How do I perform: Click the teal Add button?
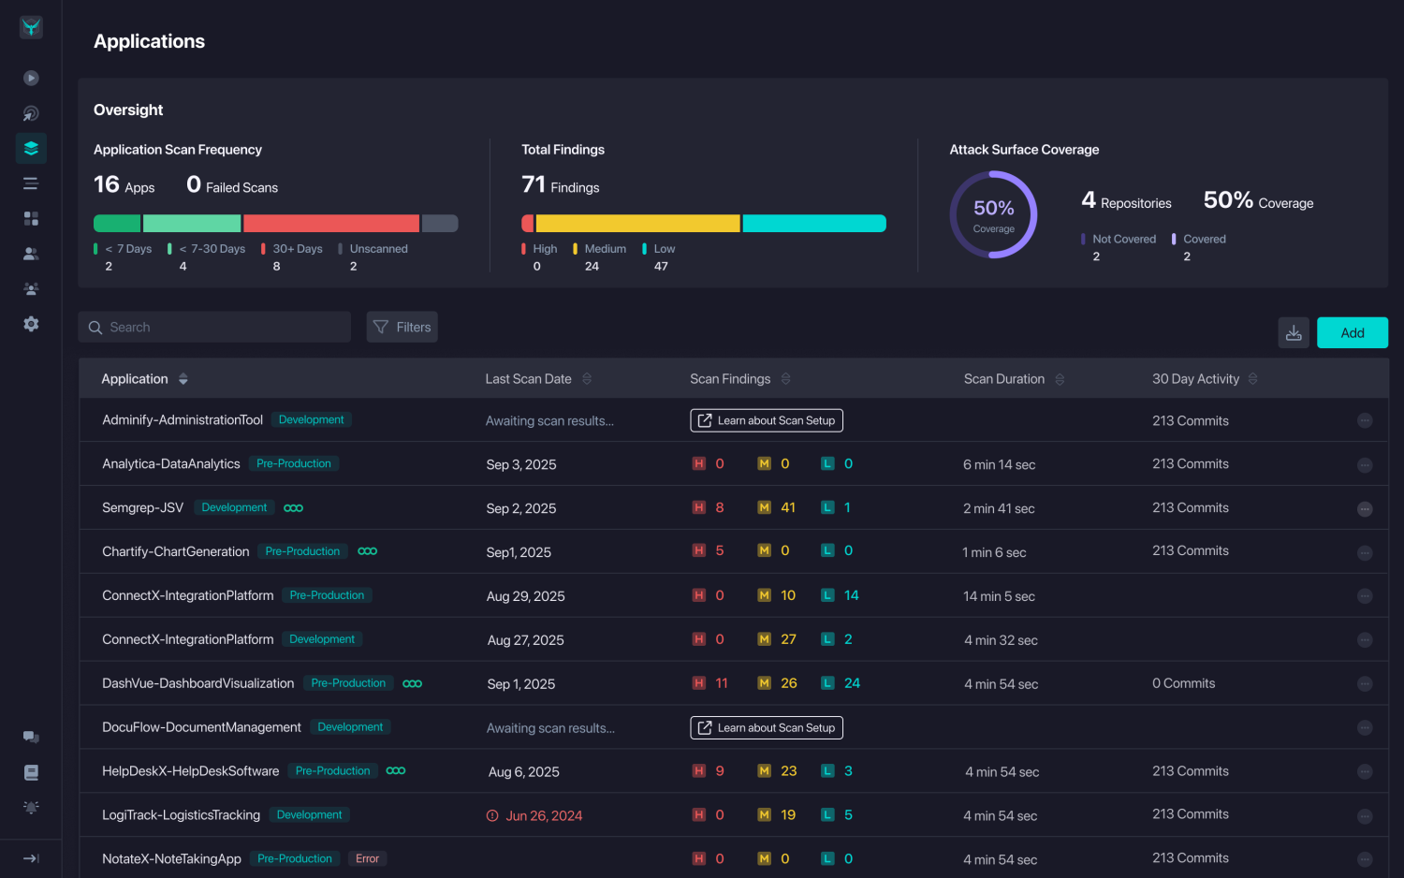(1352, 333)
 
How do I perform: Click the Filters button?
(402, 327)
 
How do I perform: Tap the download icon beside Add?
(1294, 333)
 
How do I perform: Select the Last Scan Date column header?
(528, 379)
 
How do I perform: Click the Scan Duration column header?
(1003, 379)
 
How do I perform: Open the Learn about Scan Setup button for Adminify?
(767, 420)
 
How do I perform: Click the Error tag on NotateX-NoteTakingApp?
(367, 858)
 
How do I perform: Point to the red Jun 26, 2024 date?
(544, 815)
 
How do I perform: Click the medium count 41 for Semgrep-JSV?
(788, 507)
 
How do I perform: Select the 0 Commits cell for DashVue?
(1183, 683)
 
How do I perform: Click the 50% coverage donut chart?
(993, 214)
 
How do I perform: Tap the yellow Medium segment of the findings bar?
(637, 223)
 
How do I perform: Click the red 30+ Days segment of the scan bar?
(331, 223)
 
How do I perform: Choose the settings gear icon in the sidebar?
(31, 324)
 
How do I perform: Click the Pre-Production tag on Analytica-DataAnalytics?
(294, 463)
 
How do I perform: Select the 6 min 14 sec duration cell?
(999, 464)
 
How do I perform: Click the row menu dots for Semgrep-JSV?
(1365, 508)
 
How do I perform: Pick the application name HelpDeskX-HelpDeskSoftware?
(191, 771)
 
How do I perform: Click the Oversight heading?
(128, 110)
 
